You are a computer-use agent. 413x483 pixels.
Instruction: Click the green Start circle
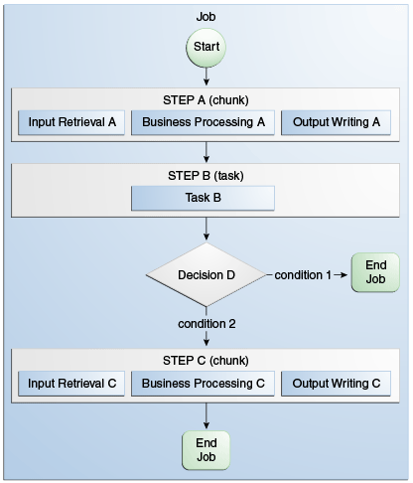coord(206,47)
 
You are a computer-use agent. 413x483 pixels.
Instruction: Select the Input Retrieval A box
coord(71,123)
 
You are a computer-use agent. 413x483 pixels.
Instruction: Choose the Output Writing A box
coord(336,123)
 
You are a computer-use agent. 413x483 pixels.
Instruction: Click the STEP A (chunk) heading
coord(206,100)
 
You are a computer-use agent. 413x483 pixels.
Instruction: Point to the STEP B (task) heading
coord(206,175)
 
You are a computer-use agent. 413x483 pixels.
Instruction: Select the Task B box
coord(204,197)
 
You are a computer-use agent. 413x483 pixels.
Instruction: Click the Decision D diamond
coord(206,274)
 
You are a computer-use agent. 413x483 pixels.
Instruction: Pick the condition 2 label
coord(206,323)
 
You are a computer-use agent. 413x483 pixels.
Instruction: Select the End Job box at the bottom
coord(206,450)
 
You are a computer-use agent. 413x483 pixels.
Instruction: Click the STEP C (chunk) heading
coord(206,359)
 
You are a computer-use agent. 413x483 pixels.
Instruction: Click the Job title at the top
coord(206,16)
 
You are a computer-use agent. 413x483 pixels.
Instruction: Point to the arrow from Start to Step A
coord(206,76)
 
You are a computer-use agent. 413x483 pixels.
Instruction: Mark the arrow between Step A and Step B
coord(206,151)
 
